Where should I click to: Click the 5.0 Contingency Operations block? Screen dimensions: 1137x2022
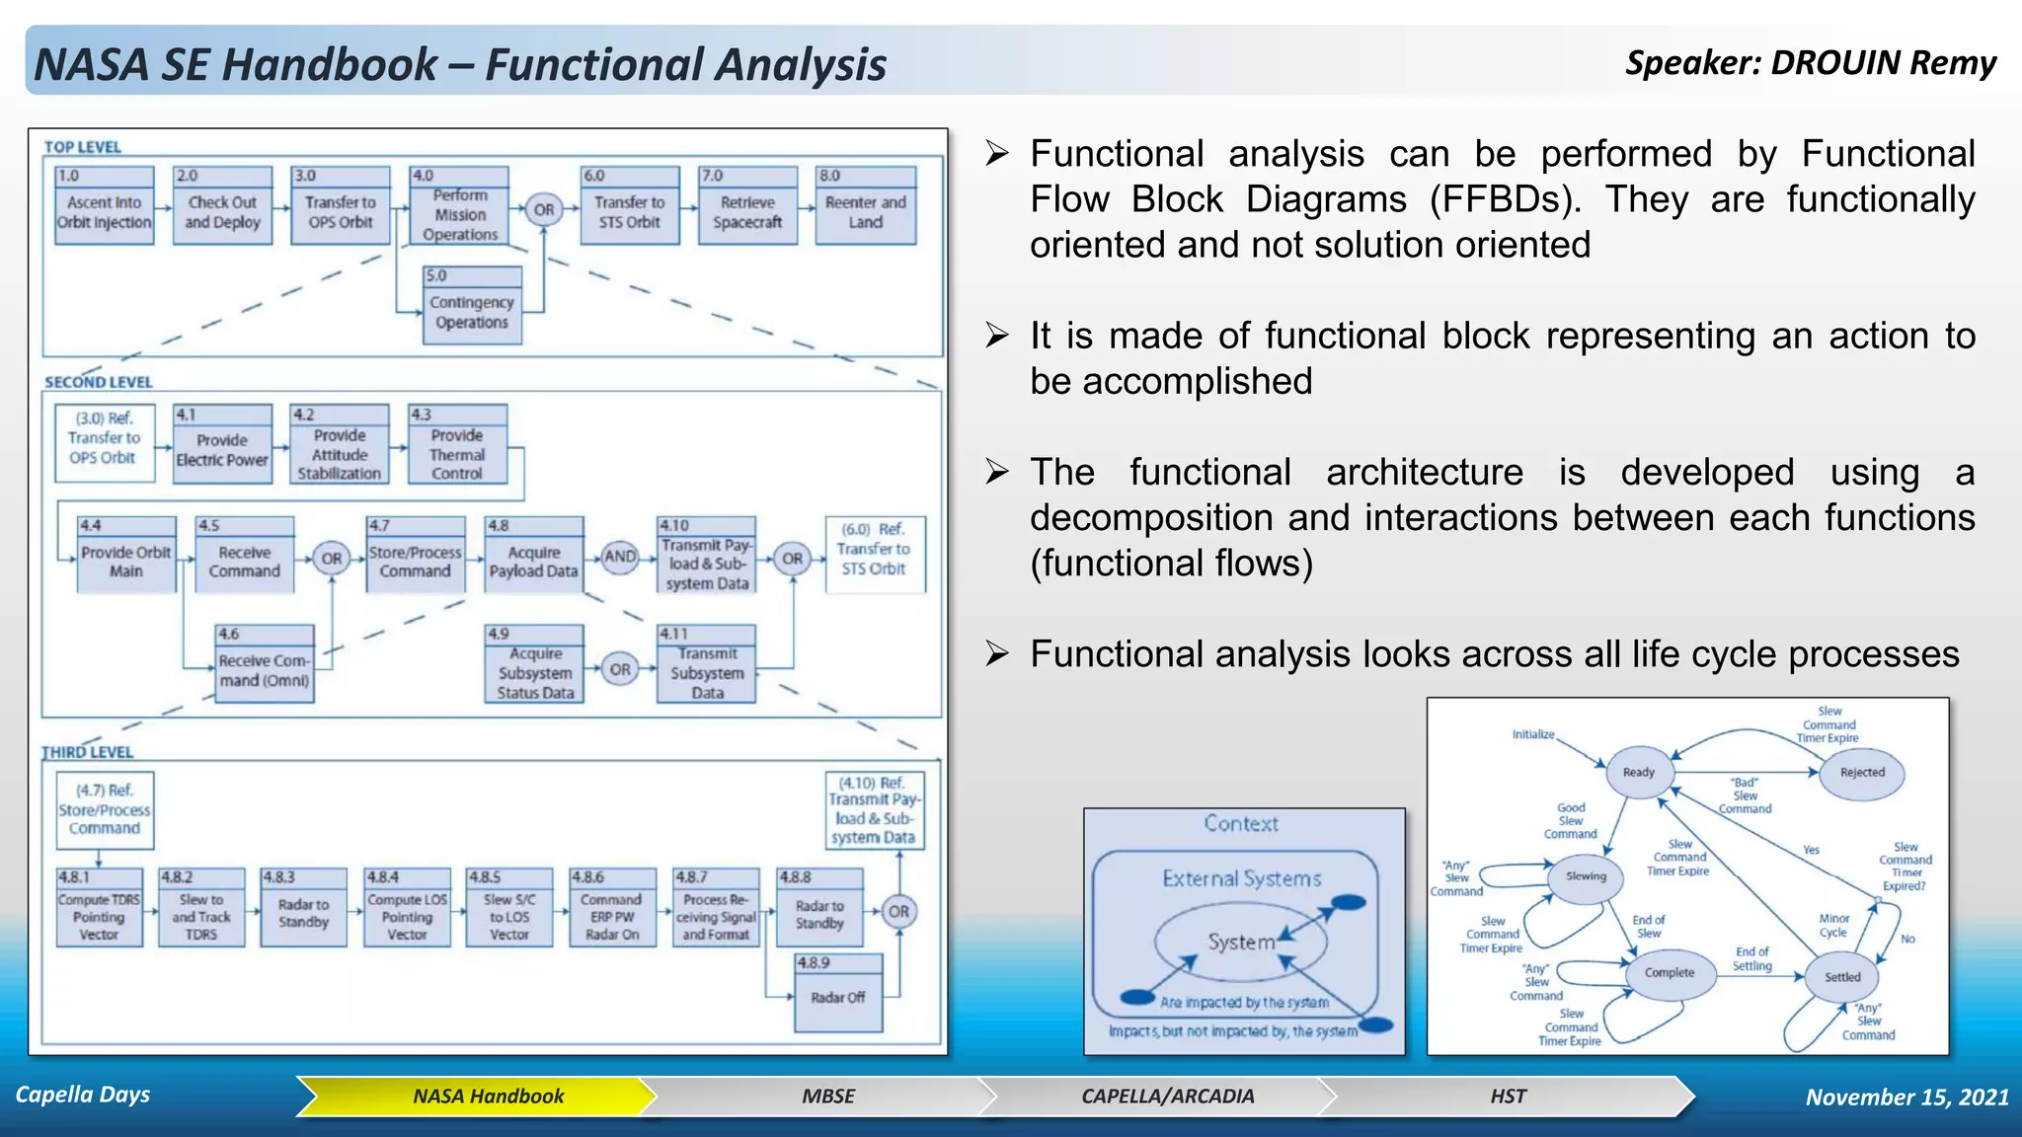point(472,306)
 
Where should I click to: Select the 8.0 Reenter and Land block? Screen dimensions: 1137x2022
point(865,206)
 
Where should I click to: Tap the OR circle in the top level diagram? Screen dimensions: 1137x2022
point(544,209)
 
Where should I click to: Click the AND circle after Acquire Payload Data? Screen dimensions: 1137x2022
point(620,557)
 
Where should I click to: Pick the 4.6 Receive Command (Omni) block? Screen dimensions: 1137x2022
point(265,664)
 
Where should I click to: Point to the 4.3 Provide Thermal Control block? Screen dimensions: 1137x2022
point(457,445)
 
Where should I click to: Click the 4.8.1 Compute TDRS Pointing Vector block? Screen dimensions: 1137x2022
point(99,908)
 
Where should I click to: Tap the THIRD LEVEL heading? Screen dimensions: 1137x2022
point(87,752)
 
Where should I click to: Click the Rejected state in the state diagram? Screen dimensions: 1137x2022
point(1862,773)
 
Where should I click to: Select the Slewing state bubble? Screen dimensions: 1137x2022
point(1586,876)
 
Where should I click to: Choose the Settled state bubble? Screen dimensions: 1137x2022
point(1842,977)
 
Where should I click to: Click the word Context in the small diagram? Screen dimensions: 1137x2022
point(1241,824)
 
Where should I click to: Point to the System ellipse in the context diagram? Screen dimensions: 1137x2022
point(1241,943)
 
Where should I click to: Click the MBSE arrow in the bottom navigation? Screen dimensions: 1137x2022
point(827,1097)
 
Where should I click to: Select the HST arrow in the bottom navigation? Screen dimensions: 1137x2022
point(1508,1097)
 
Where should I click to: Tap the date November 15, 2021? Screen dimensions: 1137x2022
point(1906,1098)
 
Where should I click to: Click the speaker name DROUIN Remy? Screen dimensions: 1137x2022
point(1883,63)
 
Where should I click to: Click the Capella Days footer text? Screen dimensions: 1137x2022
point(83,1095)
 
